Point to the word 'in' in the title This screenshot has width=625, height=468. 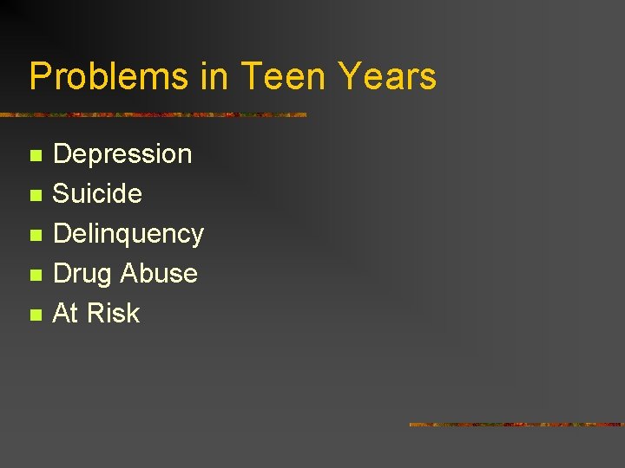pos(212,77)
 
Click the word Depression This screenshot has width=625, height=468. pos(122,154)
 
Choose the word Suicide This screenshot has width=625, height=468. pos(97,193)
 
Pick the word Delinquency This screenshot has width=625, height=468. pos(128,234)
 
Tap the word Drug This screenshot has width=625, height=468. pos(83,273)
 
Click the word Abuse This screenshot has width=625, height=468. pos(159,273)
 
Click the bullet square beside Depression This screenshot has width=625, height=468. pos(35,156)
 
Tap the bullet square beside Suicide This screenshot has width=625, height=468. pos(35,196)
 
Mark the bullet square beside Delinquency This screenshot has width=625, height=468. pos(35,236)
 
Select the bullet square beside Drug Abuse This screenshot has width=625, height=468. pos(35,276)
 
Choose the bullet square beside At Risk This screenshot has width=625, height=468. pos(35,315)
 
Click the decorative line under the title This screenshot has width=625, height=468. pos(153,114)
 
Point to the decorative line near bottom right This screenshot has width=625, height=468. pos(516,425)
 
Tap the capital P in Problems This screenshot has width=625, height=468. pos(40,77)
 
